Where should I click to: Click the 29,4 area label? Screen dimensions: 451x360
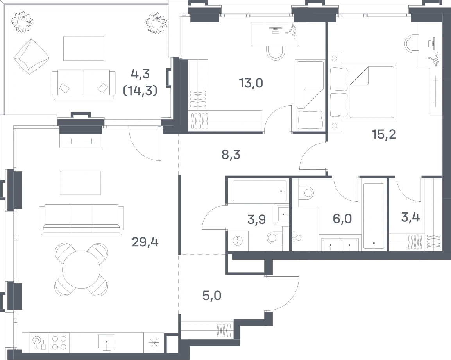145,243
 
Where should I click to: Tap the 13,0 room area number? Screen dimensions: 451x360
251,83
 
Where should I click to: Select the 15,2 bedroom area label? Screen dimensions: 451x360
384,134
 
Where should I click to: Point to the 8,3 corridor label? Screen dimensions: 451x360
231,155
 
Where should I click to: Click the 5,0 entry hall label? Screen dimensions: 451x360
212,296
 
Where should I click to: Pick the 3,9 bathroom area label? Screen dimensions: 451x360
256,219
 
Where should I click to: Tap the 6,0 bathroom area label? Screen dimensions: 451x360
342,219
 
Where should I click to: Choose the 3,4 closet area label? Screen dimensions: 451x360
410,217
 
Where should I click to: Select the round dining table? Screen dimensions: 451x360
81,269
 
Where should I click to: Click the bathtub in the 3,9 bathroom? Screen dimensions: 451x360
260,191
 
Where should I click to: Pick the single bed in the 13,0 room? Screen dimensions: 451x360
310,95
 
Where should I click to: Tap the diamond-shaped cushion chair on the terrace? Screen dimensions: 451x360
31,57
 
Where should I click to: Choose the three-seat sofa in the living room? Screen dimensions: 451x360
82,219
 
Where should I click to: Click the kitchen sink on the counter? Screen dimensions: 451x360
106,342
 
